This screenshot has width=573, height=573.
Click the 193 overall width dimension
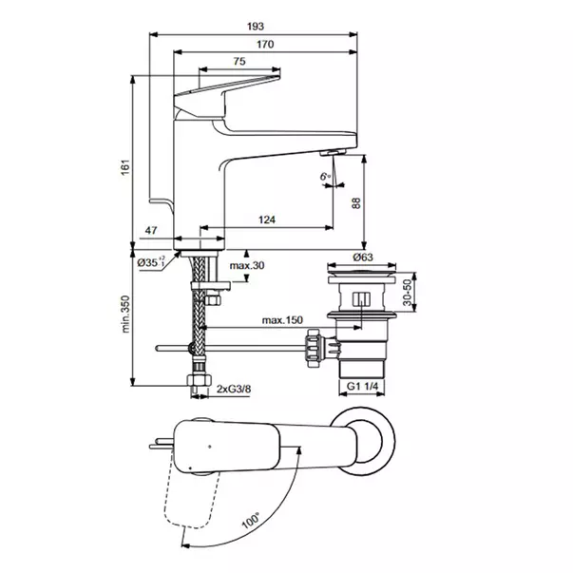pos(255,27)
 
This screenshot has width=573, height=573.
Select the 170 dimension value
pos(265,45)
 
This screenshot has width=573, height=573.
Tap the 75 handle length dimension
pos(239,61)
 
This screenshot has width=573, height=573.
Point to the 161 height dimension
pos(125,167)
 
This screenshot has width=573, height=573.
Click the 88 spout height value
pos(356,203)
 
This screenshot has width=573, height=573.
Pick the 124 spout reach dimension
pos(267,220)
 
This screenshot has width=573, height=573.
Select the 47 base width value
pos(151,230)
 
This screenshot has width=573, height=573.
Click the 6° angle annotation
pos(325,177)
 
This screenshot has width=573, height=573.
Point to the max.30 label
pos(247,265)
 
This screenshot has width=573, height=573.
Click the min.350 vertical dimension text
pos(125,314)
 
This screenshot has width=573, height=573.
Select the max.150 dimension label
pos(282,320)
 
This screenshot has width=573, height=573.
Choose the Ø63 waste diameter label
pos(363,258)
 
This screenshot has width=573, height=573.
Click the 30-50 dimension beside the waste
pos(408,293)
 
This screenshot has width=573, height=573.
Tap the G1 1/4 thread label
pos(362,386)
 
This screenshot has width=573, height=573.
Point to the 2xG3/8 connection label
pos(234,389)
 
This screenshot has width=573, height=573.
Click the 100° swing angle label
pos(251,520)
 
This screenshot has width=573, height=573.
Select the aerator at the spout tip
pos(333,152)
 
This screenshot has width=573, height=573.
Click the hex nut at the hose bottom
pos(200,380)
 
